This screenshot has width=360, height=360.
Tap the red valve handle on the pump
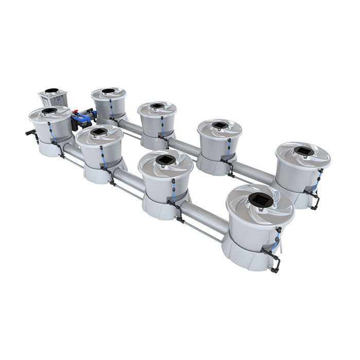(x=75, y=111)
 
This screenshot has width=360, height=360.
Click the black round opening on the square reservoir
(x=51, y=91)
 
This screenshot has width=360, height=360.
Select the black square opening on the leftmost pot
(x=49, y=111)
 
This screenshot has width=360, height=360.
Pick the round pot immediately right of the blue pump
(x=109, y=103)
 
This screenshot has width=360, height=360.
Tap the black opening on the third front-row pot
(x=165, y=160)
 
